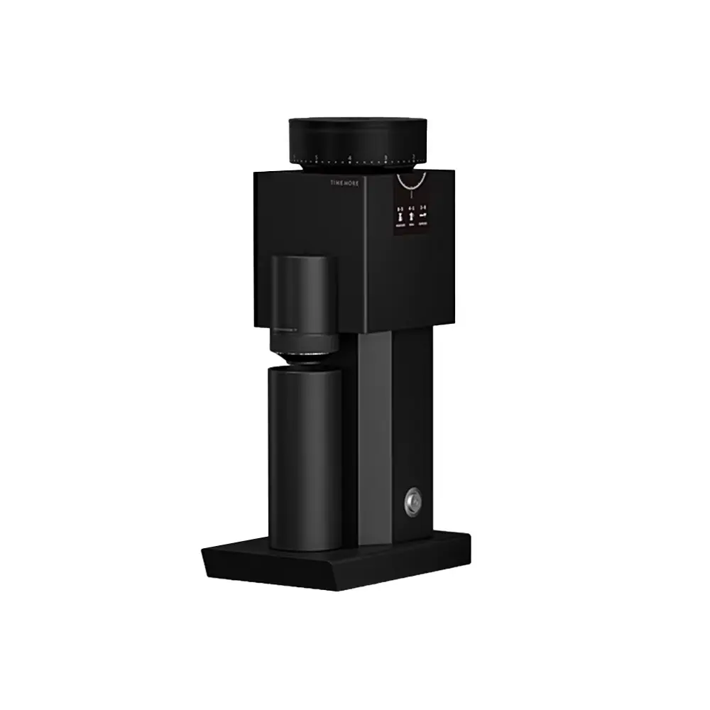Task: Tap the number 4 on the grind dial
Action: point(350,157)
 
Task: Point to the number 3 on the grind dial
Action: point(386,157)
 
